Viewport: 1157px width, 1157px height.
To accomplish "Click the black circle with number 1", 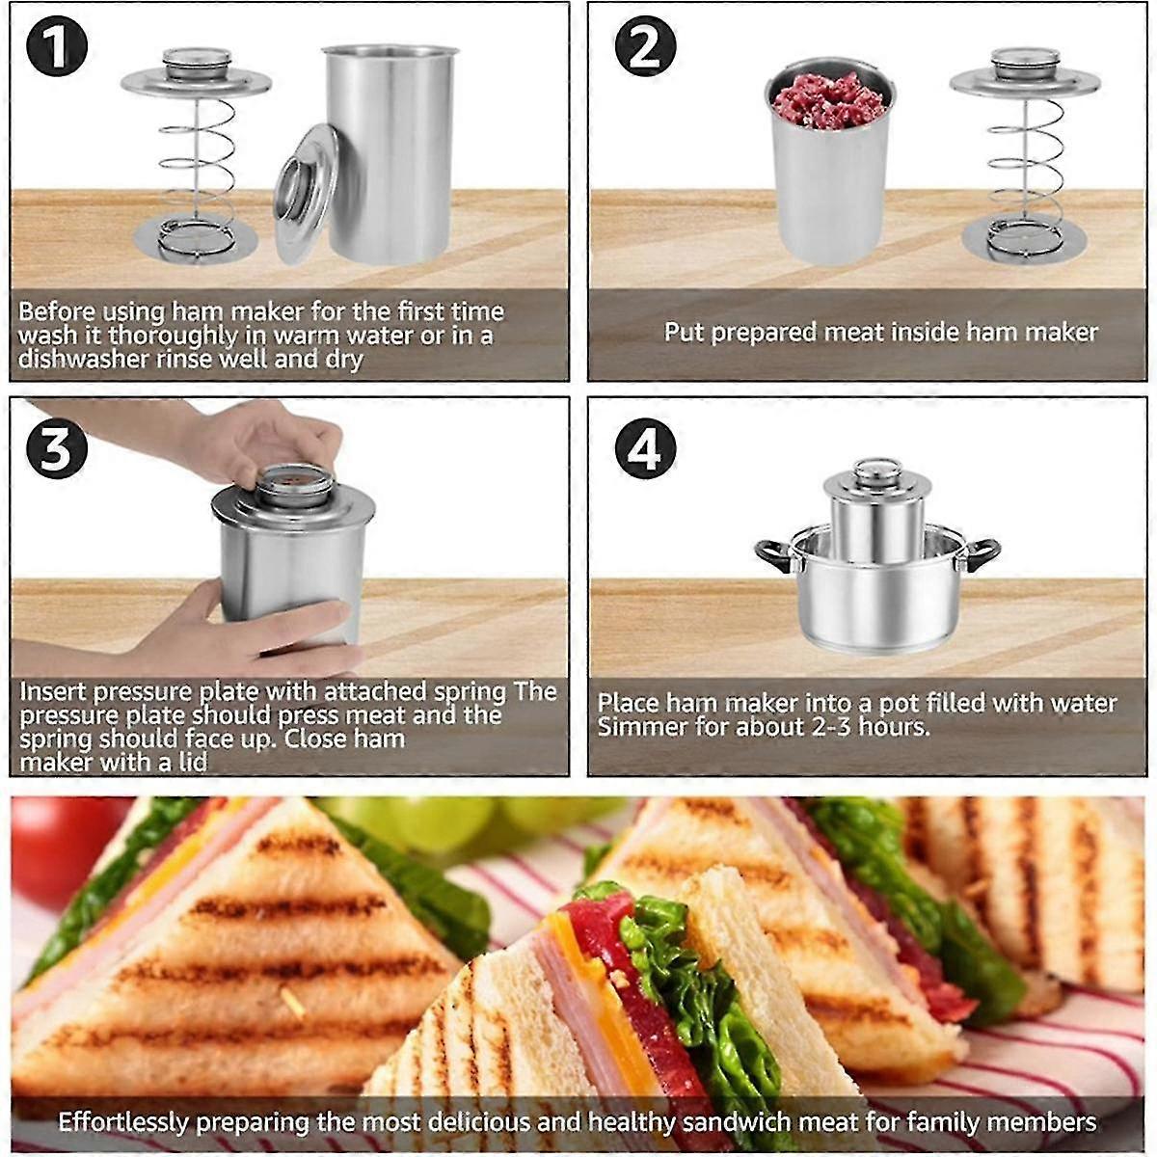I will pos(57,47).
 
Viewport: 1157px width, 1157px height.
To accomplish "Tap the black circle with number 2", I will pos(645,47).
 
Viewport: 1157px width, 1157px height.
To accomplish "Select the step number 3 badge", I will pos(57,448).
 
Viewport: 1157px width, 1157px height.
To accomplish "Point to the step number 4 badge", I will pos(645,448).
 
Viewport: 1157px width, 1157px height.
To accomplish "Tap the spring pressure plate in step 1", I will pos(196,154).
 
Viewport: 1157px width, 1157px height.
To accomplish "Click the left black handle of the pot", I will pos(773,555).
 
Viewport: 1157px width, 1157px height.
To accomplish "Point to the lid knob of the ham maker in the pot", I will pos(876,471).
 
